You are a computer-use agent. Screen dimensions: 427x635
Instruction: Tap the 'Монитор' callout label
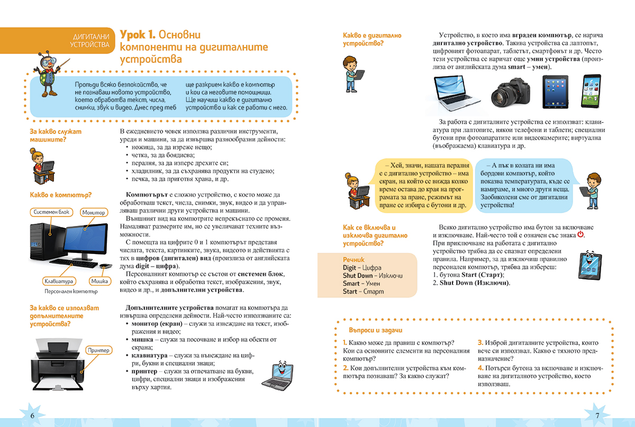point(93,213)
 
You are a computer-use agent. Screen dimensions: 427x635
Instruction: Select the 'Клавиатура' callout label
point(59,281)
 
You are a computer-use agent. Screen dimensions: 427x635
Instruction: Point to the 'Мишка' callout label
point(99,281)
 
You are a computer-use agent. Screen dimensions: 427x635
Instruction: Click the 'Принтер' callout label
point(98,350)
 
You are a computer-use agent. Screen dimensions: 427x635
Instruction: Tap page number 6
point(32,415)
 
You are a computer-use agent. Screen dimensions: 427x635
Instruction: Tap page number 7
point(597,415)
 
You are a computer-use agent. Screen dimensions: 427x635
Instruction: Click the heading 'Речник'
point(353,260)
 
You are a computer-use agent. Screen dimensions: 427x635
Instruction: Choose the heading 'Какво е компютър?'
point(61,195)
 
